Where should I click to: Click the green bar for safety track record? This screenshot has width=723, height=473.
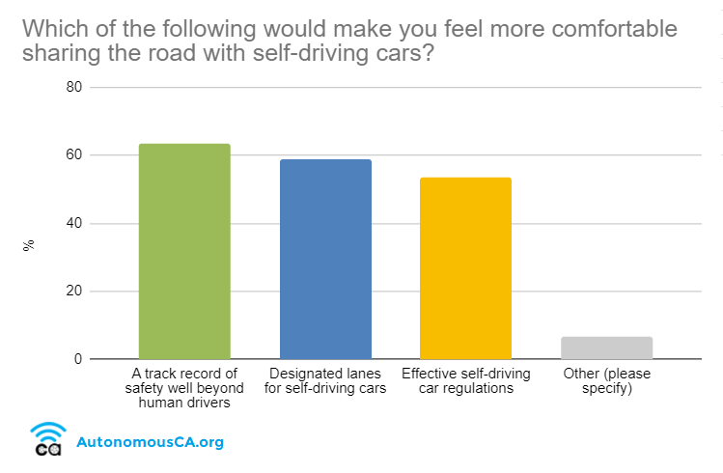[x=184, y=251]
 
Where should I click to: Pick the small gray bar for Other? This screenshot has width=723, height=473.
[x=606, y=348]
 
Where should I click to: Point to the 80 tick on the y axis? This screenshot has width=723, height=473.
[x=73, y=87]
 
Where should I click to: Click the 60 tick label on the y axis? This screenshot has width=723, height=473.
[x=73, y=155]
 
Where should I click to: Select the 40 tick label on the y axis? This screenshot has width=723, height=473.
[x=73, y=223]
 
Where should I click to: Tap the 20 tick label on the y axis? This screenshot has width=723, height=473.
[x=73, y=292]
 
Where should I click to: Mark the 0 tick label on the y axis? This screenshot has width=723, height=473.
[x=78, y=359]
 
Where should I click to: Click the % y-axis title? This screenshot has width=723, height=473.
[x=29, y=244]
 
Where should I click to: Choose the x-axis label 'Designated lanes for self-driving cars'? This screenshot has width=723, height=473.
[x=325, y=380]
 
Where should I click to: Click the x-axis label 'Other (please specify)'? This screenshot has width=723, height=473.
[x=606, y=380]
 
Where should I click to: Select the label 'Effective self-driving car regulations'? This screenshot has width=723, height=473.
[x=465, y=380]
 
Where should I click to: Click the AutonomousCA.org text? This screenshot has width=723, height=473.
[x=150, y=443]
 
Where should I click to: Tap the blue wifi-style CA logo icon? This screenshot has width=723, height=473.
[x=47, y=438]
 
